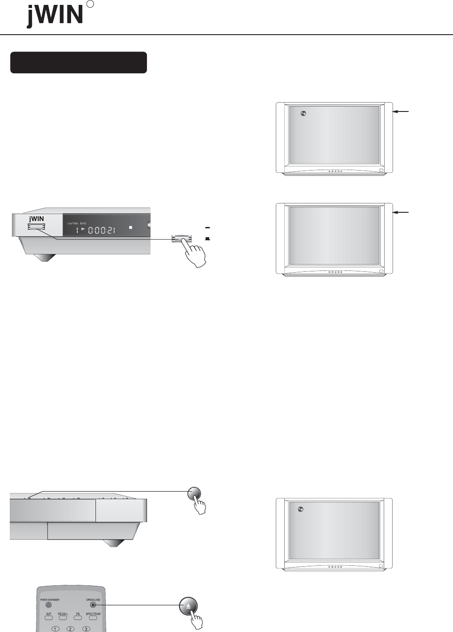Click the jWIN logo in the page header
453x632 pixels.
(55, 16)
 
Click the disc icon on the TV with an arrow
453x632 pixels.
(303, 113)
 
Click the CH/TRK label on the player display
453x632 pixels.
(72, 223)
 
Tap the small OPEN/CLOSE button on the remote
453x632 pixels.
(92, 604)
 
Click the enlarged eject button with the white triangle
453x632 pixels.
(188, 606)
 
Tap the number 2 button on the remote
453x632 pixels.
(70, 629)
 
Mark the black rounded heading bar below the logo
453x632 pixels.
(79, 63)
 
